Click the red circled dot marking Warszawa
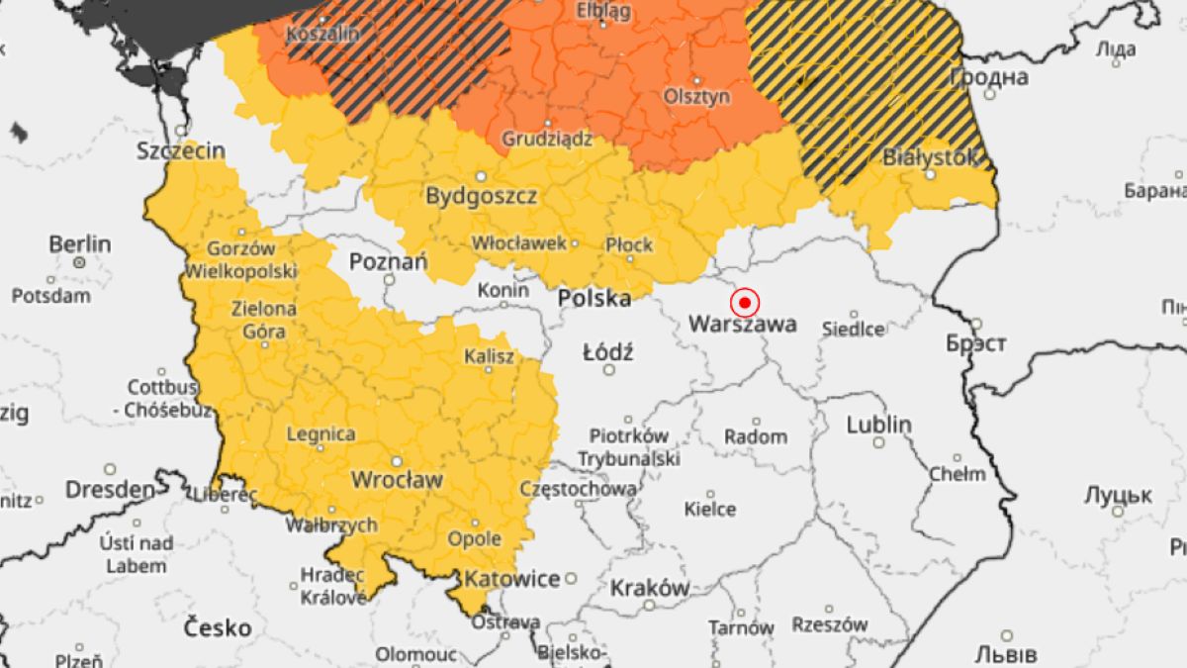coord(744,302)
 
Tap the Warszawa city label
coord(742,324)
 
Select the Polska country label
coord(593,298)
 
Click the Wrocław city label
coord(397,480)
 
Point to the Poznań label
coord(388,262)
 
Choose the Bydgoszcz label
coord(481,196)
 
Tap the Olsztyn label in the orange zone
coord(697,96)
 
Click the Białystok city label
coord(930,156)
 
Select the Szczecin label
coord(181,151)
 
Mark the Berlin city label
coord(79,244)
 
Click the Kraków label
coord(649,587)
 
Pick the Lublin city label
coord(878,425)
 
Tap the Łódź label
coord(608,351)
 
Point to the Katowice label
coord(512,579)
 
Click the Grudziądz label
coord(547,140)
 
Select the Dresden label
coord(110,490)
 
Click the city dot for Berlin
coord(79,263)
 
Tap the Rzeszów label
coord(829,624)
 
